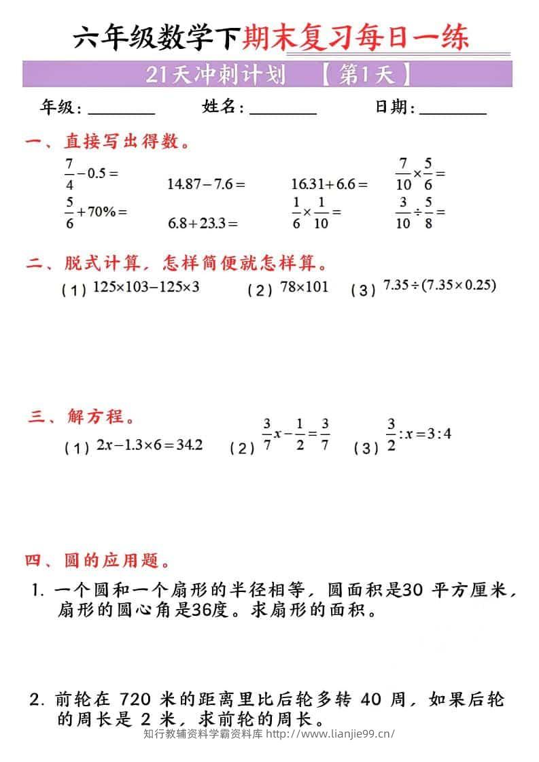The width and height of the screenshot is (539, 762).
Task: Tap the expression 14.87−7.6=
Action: [x=206, y=184]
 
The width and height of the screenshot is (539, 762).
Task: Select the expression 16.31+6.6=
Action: [x=329, y=184]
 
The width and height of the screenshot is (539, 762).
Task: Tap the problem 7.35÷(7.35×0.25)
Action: [x=440, y=285]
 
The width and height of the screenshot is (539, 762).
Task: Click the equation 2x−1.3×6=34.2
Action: [x=150, y=446]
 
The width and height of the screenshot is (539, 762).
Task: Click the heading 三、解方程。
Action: [x=81, y=416]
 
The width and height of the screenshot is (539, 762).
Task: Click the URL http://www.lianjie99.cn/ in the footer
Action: [x=330, y=733]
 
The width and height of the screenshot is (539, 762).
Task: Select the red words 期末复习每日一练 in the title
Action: [x=355, y=37]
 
